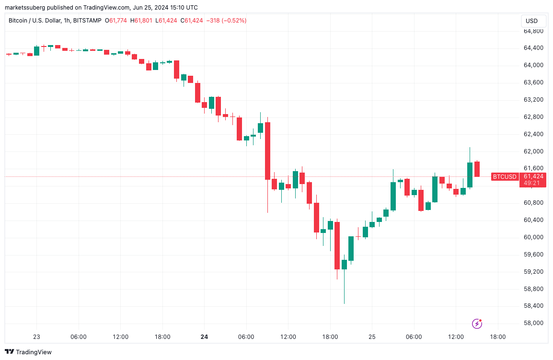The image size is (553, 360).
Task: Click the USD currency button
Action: pos(531,21)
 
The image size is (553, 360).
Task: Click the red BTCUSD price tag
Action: pos(505,177)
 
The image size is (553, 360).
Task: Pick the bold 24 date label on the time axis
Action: pos(205,337)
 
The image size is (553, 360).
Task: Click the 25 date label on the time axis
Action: pos(372,337)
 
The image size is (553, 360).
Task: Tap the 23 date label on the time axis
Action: pos(37,337)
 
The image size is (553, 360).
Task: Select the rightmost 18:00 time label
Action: pos(497,337)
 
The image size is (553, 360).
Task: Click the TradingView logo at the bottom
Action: pos(28,352)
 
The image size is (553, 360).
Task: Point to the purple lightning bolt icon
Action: pos(477,324)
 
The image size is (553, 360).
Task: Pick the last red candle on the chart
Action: pos(477,169)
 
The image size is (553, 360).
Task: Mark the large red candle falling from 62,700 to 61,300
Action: pos(267,151)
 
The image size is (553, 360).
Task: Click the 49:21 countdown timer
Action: pos(530,183)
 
